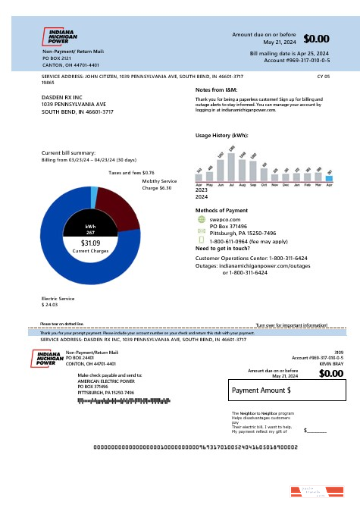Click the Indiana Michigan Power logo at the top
click(x=61, y=36)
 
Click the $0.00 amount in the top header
click(x=316, y=39)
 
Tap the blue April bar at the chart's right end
click(x=329, y=177)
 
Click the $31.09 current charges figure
click(x=90, y=243)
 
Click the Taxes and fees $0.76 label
click(x=127, y=173)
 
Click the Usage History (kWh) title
click(x=221, y=135)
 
